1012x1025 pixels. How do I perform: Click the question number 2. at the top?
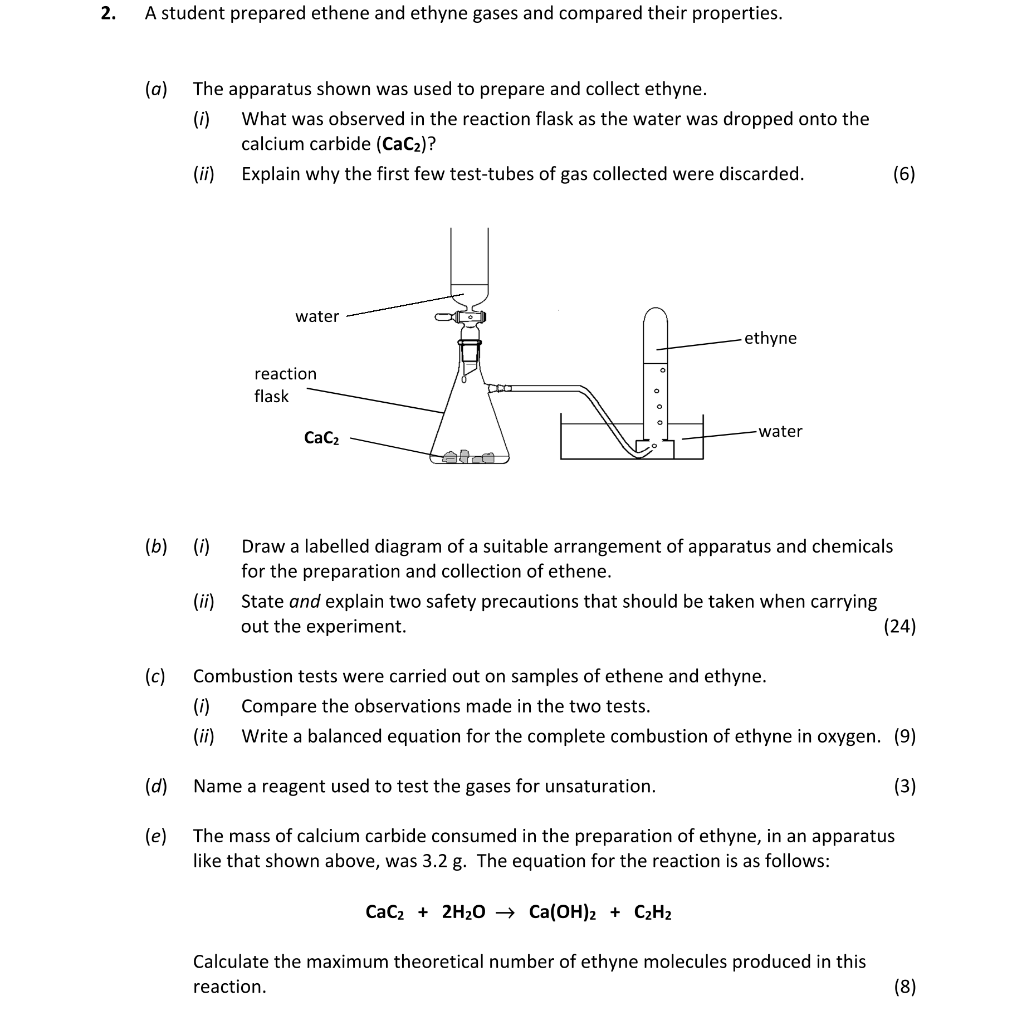pyautogui.click(x=108, y=13)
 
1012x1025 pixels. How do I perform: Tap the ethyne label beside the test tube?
pyautogui.click(x=770, y=338)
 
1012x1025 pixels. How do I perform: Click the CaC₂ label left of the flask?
pyautogui.click(x=321, y=438)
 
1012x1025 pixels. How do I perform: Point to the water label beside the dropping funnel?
pyautogui.click(x=317, y=316)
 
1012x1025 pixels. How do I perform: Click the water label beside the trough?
pyautogui.click(x=780, y=431)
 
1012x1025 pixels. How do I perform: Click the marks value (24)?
pyautogui.click(x=899, y=626)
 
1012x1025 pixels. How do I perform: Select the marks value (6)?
pyautogui.click(x=904, y=174)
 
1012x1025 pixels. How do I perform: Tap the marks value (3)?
pyautogui.click(x=905, y=786)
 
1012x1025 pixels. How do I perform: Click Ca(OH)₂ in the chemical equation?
pyautogui.click(x=563, y=912)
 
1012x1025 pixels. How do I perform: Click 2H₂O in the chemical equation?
pyautogui.click(x=463, y=912)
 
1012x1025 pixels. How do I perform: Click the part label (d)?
pyautogui.click(x=156, y=786)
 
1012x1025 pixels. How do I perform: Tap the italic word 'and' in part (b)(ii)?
pyautogui.click(x=305, y=601)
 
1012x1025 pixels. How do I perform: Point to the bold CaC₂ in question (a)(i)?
pyautogui.click(x=402, y=144)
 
